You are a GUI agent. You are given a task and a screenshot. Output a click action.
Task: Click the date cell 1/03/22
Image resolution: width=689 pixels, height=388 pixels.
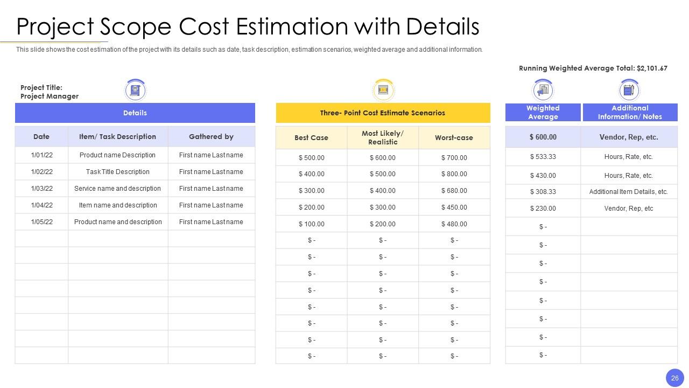click(42, 189)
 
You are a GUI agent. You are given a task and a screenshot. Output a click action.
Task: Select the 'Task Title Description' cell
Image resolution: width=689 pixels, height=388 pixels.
click(118, 172)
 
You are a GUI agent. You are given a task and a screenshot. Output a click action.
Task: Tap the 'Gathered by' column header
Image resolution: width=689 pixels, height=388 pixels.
click(212, 136)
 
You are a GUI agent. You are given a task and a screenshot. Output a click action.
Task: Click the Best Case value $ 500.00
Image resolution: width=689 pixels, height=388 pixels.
click(312, 158)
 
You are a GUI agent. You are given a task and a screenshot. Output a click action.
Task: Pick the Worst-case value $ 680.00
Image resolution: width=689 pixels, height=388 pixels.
click(454, 191)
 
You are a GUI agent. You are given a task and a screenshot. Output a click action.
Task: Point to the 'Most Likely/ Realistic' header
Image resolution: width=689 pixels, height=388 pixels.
click(383, 137)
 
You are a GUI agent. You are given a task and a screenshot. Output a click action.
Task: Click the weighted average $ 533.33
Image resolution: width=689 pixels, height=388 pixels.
click(543, 157)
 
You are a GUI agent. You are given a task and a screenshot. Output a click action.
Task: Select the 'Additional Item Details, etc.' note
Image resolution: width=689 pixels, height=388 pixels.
click(629, 191)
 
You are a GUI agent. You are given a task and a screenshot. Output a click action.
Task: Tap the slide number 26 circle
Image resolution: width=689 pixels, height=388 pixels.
click(675, 378)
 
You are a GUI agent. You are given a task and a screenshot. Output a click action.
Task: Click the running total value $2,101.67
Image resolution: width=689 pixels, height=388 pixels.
click(652, 68)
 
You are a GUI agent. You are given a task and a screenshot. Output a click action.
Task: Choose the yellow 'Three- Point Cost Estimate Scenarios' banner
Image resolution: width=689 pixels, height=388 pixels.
click(383, 113)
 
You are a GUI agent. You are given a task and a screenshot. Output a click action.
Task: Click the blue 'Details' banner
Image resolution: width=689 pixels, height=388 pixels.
click(135, 113)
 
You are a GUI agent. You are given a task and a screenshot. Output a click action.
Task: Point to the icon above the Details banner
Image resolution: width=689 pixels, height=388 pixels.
click(135, 90)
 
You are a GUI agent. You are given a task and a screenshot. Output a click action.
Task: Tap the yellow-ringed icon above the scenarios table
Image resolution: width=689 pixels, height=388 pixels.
click(383, 90)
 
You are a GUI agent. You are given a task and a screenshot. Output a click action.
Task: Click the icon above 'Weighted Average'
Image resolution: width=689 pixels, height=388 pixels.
click(543, 90)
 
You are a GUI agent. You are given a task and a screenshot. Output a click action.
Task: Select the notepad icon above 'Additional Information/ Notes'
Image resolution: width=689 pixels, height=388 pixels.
click(629, 90)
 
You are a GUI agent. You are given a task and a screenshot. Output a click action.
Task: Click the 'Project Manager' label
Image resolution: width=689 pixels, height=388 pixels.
click(50, 96)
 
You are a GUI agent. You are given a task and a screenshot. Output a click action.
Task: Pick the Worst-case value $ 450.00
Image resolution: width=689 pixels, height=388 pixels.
click(454, 207)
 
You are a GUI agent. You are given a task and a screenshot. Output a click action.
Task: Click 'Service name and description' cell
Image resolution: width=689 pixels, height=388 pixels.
click(117, 189)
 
